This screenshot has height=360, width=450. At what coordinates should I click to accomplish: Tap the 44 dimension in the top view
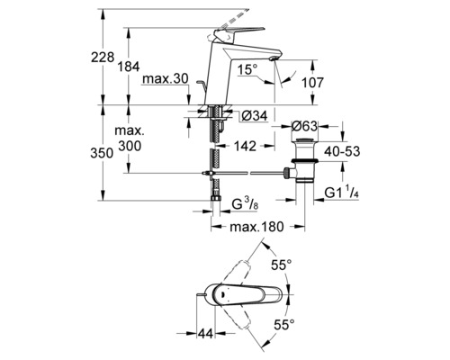206,329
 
